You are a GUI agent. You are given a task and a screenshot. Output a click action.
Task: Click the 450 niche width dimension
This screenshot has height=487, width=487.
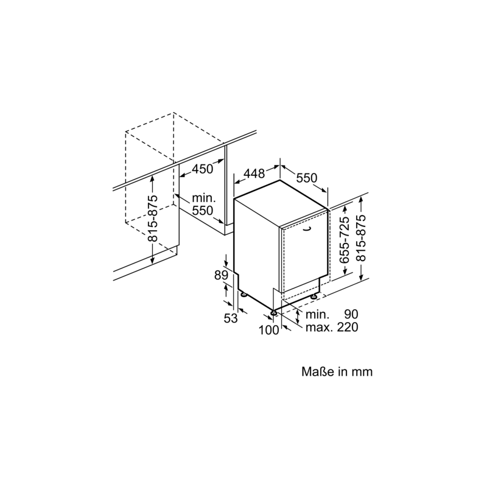tap(203, 169)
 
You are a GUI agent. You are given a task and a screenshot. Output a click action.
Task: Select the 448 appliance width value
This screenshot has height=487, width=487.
tap(254, 173)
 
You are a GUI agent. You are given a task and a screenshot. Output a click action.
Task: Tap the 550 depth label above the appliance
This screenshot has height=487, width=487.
tap(307, 178)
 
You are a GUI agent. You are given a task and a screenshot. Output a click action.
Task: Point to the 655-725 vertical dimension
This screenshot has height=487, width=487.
tap(344, 240)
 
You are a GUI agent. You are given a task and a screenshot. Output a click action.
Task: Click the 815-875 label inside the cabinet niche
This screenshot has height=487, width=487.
tap(153, 219)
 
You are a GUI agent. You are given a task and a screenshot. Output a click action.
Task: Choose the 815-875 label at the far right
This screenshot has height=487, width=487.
tap(361, 238)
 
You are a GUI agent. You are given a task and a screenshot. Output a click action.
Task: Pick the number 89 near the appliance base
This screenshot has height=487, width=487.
tap(221, 275)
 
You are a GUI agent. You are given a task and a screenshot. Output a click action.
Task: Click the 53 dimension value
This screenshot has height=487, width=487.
tap(231, 318)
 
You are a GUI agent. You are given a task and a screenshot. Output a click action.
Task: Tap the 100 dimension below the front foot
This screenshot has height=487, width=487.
tap(269, 330)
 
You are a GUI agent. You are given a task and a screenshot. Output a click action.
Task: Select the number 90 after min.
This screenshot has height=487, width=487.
tap(351, 314)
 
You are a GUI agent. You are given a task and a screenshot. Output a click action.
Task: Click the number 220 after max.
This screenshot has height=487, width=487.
tap(348, 327)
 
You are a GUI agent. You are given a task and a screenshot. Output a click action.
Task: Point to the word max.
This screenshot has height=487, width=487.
tap(319, 328)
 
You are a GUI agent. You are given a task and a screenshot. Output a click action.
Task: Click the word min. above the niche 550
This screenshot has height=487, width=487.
tap(204, 198)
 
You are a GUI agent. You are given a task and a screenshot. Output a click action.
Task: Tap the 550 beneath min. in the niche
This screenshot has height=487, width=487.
tap(203, 211)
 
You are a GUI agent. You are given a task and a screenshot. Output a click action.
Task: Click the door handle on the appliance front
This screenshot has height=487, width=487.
tap(307, 229)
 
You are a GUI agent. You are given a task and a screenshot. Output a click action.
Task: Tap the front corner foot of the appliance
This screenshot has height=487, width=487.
tap(273, 313)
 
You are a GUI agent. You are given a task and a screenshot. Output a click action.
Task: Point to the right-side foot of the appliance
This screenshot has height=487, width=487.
tap(314, 296)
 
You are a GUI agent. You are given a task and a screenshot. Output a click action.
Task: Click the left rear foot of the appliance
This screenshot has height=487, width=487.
tap(243, 294)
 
